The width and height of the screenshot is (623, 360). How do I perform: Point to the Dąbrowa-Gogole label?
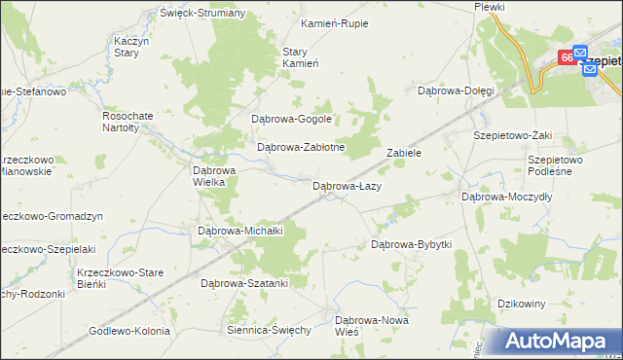click(292, 119)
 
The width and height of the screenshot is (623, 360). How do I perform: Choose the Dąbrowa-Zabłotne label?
click(301, 148)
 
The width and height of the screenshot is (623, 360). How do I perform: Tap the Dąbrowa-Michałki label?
click(240, 231)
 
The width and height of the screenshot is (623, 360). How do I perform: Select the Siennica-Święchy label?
click(268, 330)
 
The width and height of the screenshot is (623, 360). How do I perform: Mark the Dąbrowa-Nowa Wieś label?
click(372, 325)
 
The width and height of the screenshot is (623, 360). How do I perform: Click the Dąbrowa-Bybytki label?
click(412, 244)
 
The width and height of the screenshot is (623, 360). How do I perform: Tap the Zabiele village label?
click(403, 153)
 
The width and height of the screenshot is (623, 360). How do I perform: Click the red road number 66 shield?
click(566, 58)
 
